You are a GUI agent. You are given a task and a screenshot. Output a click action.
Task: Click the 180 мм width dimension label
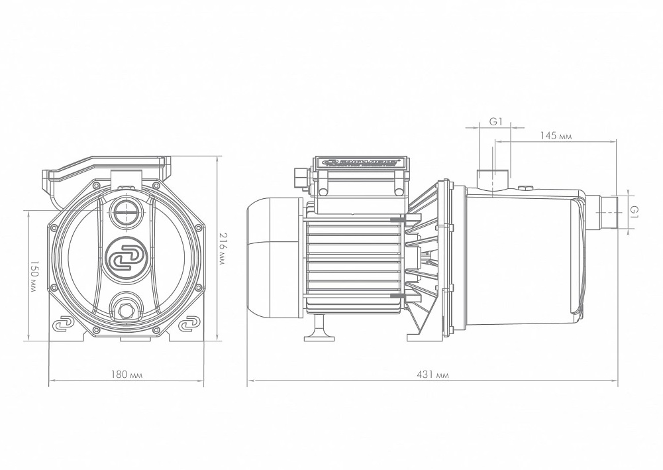[x=126, y=375]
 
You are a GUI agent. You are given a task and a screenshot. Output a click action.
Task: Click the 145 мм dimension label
[x=555, y=135]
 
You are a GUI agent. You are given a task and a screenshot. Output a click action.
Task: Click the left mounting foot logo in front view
[x=64, y=325]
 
